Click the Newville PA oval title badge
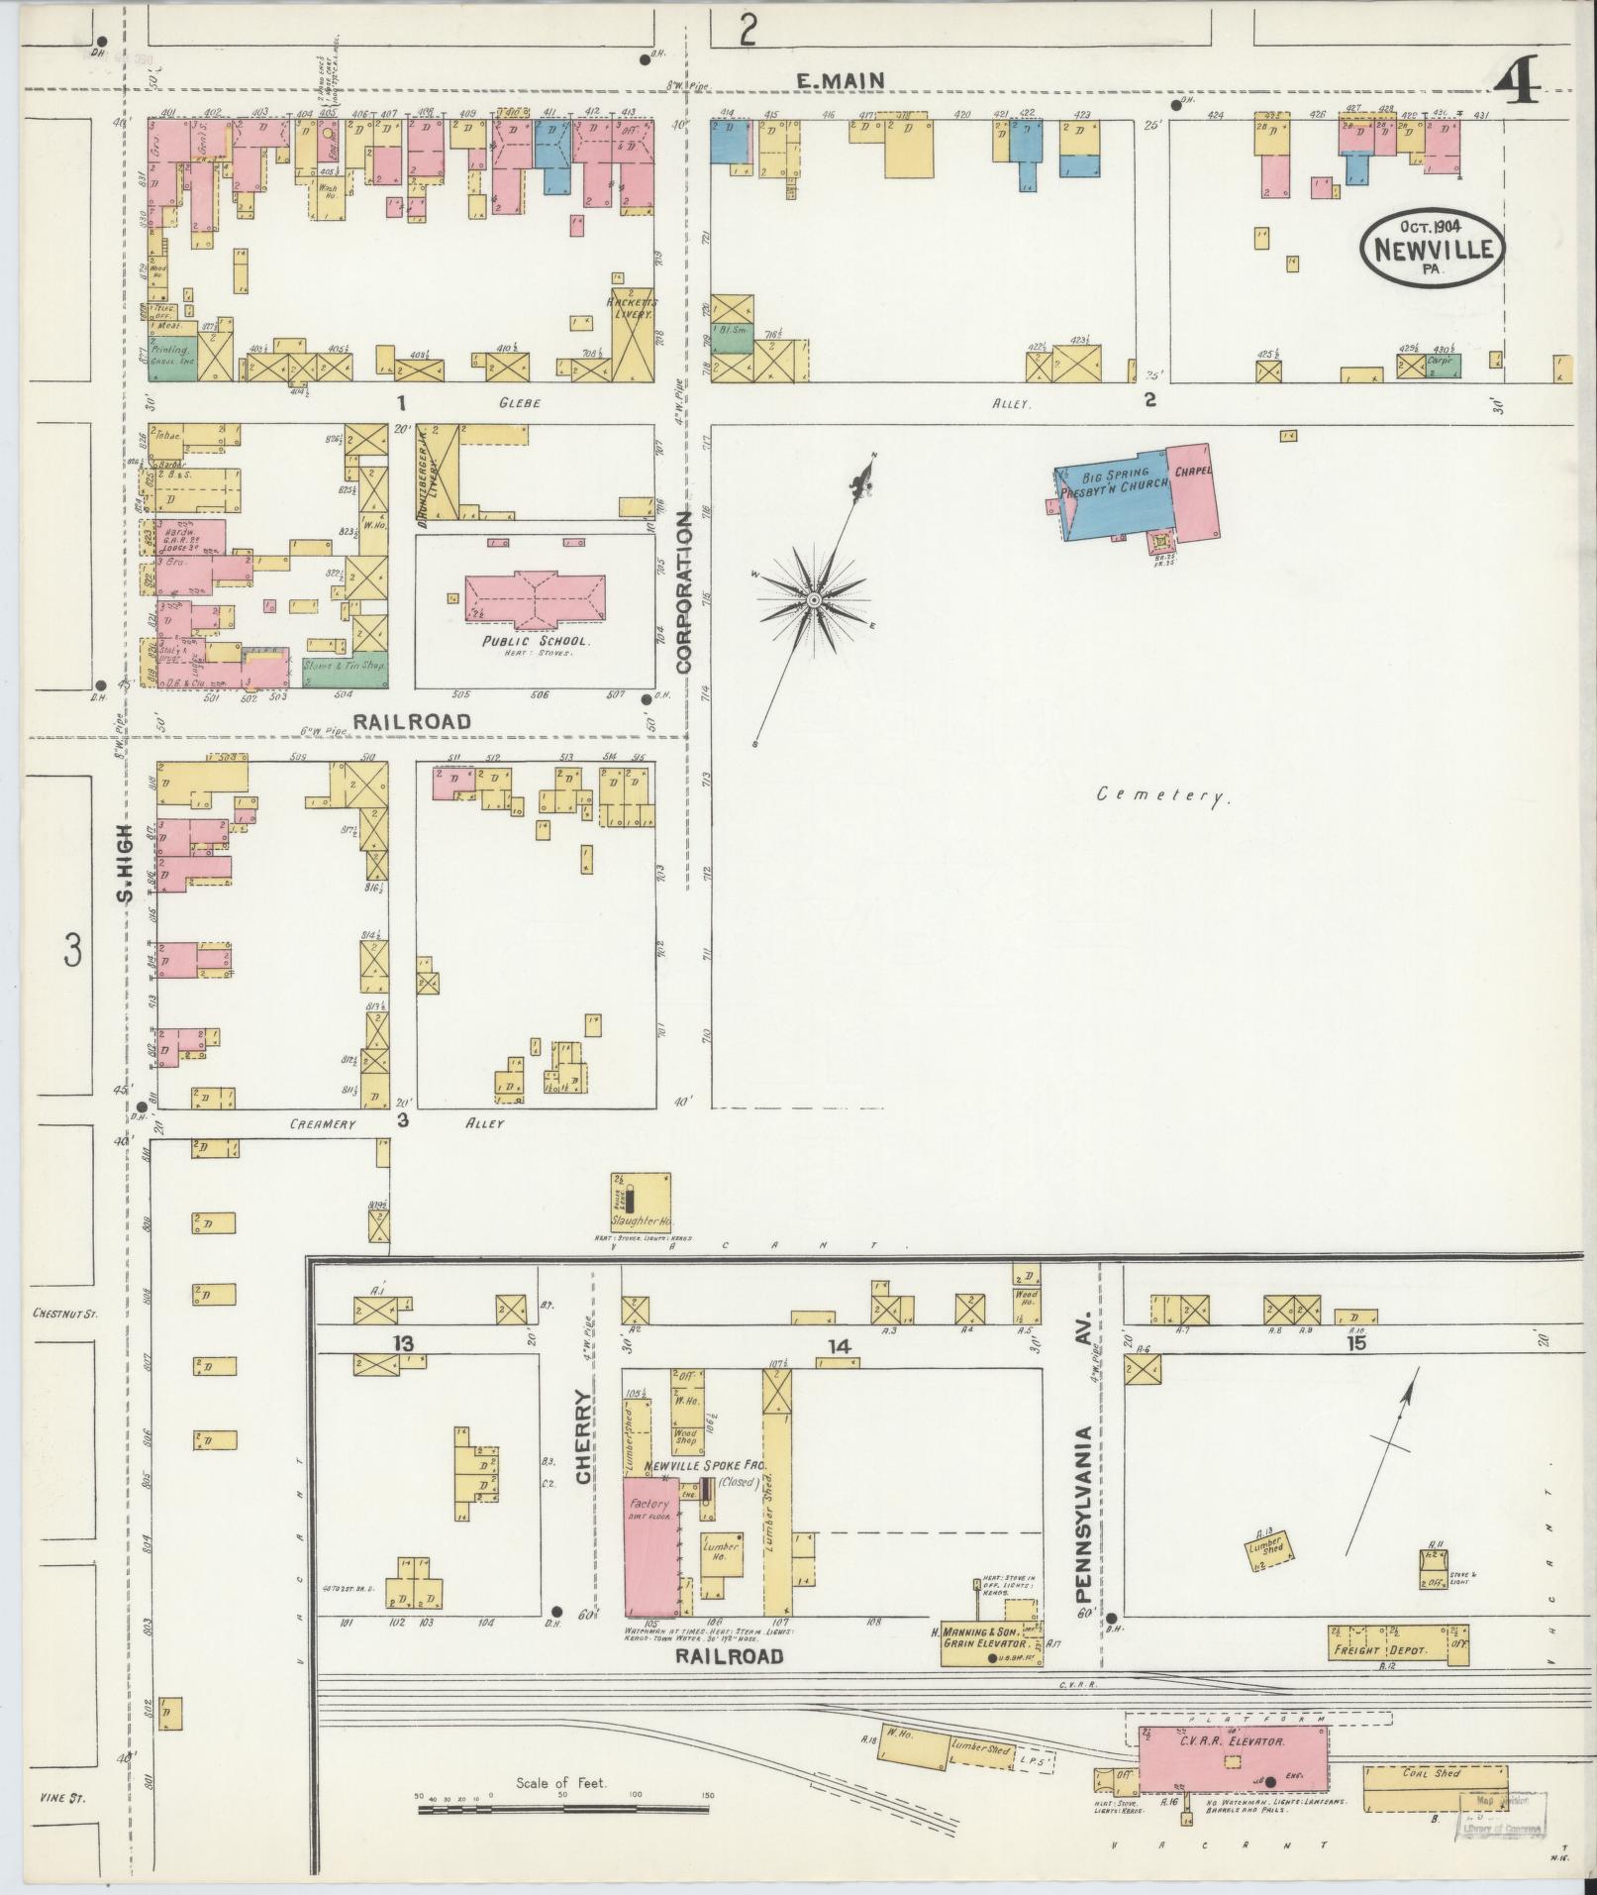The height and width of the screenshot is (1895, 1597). [1432, 252]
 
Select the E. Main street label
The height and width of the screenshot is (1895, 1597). [841, 80]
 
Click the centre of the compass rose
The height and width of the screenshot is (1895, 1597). [813, 600]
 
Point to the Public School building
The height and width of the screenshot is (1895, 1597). [536, 598]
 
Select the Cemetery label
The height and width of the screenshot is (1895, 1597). [1163, 794]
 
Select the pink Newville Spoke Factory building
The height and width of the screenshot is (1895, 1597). [649, 1558]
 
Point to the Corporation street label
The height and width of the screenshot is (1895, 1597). [684, 592]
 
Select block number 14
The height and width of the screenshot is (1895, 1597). [840, 1346]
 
